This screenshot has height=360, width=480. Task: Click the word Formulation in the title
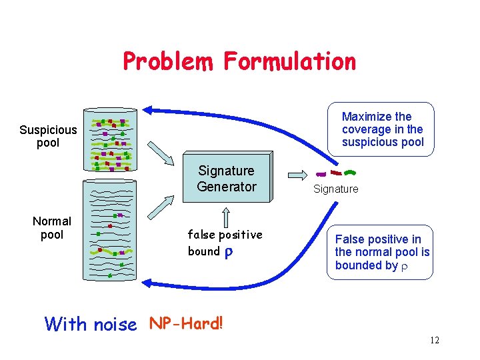click(x=289, y=61)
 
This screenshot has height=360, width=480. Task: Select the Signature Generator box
click(x=227, y=178)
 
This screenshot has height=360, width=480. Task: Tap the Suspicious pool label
click(x=48, y=136)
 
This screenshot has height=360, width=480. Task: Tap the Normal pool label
click(x=52, y=227)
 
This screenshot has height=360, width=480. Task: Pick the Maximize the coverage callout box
click(x=382, y=129)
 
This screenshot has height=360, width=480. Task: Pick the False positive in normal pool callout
click(x=382, y=252)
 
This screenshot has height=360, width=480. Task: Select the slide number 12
click(x=435, y=341)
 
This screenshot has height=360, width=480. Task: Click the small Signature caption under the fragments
click(x=336, y=189)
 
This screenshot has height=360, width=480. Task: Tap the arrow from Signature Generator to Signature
click(x=297, y=175)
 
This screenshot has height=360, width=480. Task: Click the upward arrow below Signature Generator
click(x=226, y=217)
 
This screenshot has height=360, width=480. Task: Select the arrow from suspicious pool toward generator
click(x=159, y=152)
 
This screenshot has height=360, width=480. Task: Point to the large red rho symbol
click(x=228, y=252)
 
